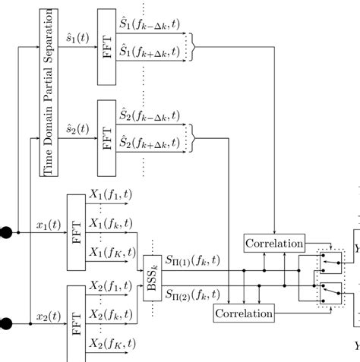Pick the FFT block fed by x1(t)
(x=76, y=231)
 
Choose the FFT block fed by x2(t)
(x=76, y=323)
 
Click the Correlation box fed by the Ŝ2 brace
(x=243, y=313)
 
